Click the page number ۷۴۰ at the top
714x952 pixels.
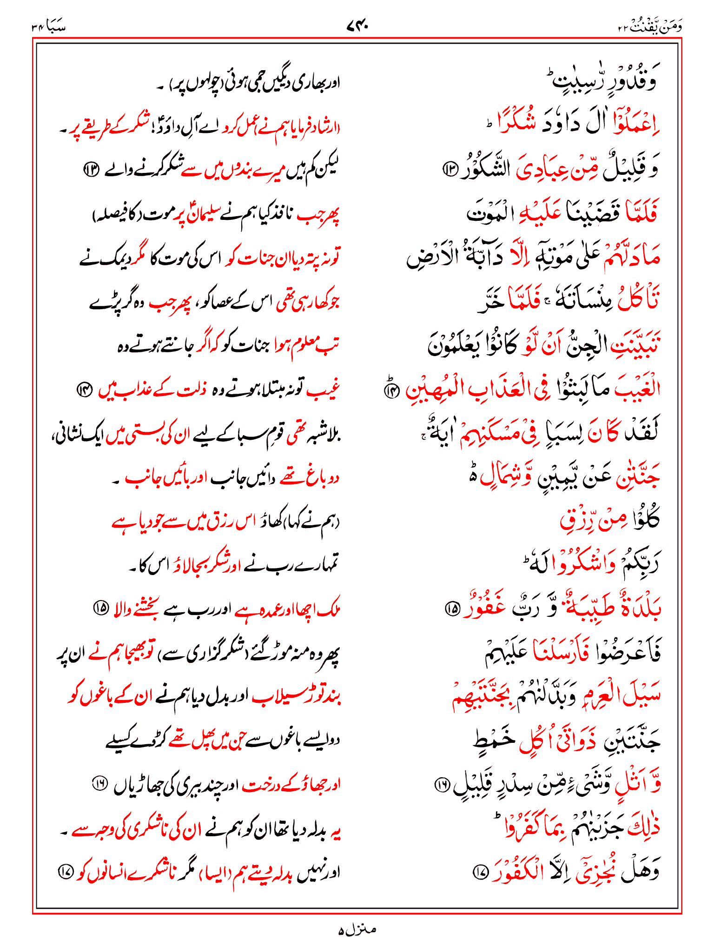(357, 26)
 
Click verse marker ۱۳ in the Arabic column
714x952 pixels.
(450, 169)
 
